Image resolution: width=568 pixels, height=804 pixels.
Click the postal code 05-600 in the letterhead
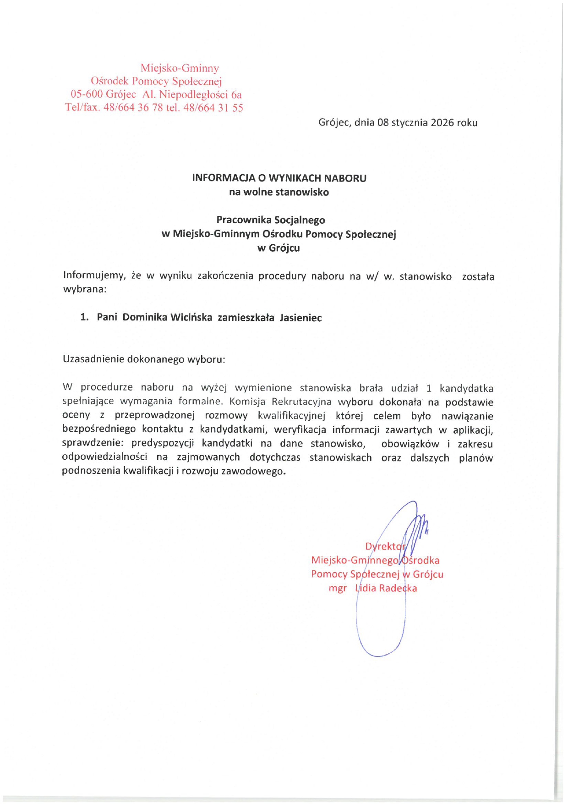[86, 94]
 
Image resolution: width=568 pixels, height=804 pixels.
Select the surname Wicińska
[191, 317]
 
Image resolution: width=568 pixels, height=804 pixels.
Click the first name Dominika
[144, 317]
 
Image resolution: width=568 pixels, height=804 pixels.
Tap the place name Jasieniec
[300, 318]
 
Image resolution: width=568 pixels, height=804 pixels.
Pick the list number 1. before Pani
[84, 317]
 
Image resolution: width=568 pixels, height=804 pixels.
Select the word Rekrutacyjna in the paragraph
[301, 402]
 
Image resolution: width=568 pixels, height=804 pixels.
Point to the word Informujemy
[94, 275]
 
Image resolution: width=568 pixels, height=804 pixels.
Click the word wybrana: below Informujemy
[85, 289]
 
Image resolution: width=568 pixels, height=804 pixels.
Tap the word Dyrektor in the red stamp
[385, 546]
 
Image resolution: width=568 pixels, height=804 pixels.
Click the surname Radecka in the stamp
[398, 588]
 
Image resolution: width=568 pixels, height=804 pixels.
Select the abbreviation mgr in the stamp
[338, 588]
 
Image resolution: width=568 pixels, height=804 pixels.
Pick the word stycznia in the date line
[409, 123]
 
